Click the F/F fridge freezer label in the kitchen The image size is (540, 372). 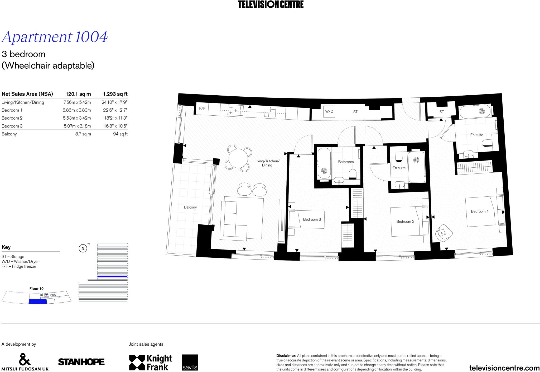(202, 109)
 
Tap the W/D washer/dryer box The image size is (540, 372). (329, 111)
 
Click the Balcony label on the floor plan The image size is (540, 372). (190, 207)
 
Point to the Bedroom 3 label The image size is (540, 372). (312, 219)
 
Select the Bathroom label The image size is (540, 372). (346, 162)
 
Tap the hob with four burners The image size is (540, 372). (235, 110)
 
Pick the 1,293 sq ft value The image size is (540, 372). (115, 94)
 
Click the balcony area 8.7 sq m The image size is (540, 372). (83, 134)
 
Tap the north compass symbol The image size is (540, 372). (83, 248)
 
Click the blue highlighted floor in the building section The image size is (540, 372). (112, 276)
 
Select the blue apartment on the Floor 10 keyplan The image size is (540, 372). (37, 301)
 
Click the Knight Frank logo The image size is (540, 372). (151, 362)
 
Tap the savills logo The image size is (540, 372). (190, 362)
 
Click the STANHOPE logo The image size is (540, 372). (81, 362)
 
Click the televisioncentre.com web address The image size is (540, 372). (504, 368)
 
